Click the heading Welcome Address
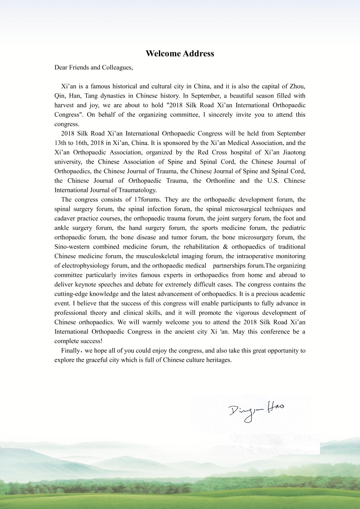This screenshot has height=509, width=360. coord(180,54)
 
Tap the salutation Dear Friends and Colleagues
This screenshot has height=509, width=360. coord(94,67)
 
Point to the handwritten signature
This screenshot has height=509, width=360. coord(256,410)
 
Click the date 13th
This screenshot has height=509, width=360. coord(61,143)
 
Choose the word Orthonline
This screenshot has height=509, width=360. coord(242,181)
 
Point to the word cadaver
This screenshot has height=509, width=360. coord(66,219)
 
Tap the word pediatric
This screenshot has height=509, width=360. coord(293,228)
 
